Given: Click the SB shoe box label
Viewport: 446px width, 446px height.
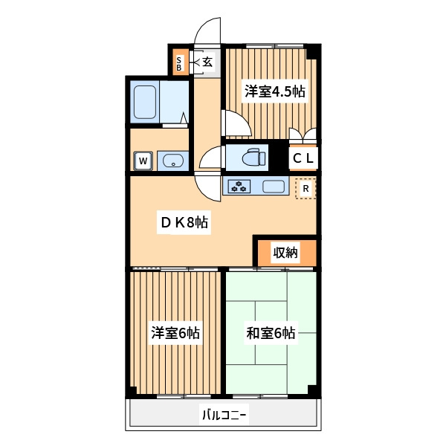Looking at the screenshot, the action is pyautogui.click(x=179, y=64).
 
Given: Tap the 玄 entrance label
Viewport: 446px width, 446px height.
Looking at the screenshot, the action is pyautogui.click(x=207, y=62).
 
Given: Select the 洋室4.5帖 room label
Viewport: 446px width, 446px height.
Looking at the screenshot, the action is pyautogui.click(x=275, y=91).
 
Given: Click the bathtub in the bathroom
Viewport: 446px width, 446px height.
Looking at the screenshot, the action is pyautogui.click(x=145, y=102).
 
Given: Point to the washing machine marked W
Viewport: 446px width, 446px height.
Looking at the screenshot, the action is pyautogui.click(x=143, y=161).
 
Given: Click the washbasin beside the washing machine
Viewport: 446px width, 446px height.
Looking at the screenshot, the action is pyautogui.click(x=173, y=161).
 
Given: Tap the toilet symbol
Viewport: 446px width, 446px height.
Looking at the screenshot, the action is pyautogui.click(x=253, y=157).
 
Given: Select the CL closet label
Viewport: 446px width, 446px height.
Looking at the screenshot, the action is pyautogui.click(x=303, y=158).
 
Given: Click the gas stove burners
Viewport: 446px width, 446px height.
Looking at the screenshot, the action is pyautogui.click(x=239, y=187).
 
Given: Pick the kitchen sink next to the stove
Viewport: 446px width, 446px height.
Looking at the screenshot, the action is pyautogui.click(x=274, y=187).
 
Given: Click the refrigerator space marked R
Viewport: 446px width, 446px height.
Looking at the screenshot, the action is pyautogui.click(x=306, y=188).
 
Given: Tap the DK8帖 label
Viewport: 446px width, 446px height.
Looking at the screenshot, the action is pyautogui.click(x=184, y=222).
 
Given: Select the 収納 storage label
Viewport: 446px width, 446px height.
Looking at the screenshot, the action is pyautogui.click(x=285, y=252).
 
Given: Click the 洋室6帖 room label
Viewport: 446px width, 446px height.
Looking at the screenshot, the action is pyautogui.click(x=175, y=333).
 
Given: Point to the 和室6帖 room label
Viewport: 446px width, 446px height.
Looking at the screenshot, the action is pyautogui.click(x=271, y=333).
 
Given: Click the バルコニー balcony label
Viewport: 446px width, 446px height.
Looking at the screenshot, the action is pyautogui.click(x=224, y=416).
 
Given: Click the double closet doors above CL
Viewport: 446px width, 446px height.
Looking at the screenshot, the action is pyautogui.click(x=303, y=135).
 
